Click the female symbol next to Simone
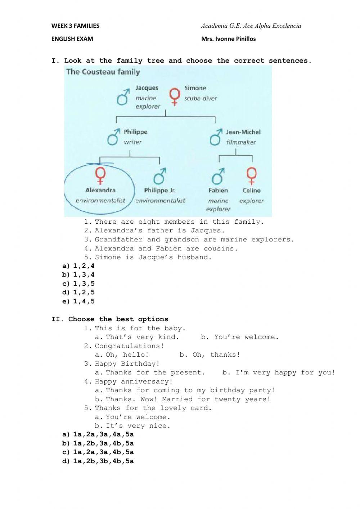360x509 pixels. pyautogui.click(x=175, y=96)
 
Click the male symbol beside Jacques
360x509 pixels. pyautogui.click(x=123, y=97)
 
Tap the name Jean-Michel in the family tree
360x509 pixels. pyautogui.click(x=243, y=132)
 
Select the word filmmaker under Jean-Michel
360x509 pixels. pyautogui.click(x=241, y=142)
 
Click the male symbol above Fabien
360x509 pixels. pyautogui.click(x=217, y=176)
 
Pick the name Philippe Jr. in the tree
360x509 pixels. pyautogui.click(x=160, y=191)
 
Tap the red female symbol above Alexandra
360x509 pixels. pyautogui.click(x=100, y=175)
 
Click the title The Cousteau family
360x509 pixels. pyautogui.click(x=103, y=72)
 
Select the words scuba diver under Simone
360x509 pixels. pyautogui.click(x=201, y=98)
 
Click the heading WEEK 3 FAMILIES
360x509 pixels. pyautogui.click(x=75, y=26)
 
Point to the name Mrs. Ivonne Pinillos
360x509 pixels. pyautogui.click(x=229, y=39)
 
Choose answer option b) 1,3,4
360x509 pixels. pyautogui.click(x=78, y=275)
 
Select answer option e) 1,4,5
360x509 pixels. pyautogui.click(x=78, y=302)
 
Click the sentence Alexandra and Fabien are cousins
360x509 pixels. pyautogui.click(x=166, y=249)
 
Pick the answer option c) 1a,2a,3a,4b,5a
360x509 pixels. pyautogui.click(x=98, y=452)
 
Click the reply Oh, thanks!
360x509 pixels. pyautogui.click(x=210, y=355)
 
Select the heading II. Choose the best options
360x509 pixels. pyautogui.click(x=110, y=319)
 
